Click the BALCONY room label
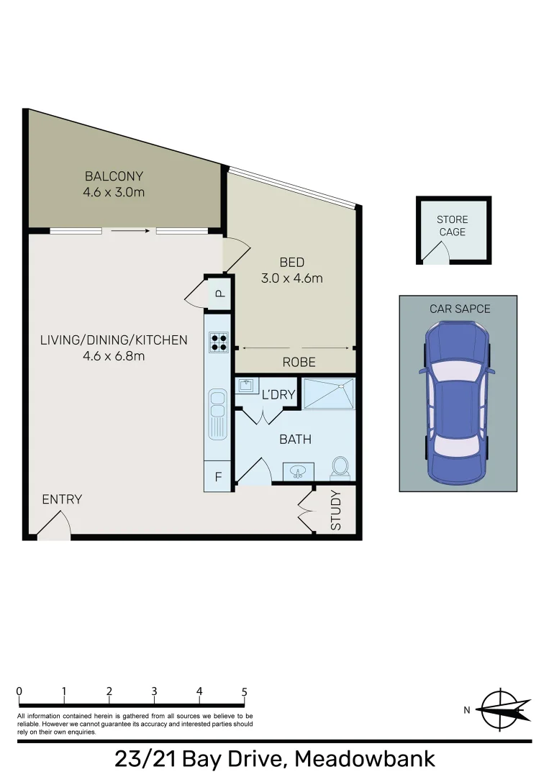click(x=114, y=176)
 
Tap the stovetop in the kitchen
click(x=218, y=343)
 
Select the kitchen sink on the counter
click(x=217, y=414)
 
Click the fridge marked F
click(x=218, y=476)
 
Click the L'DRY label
click(x=278, y=394)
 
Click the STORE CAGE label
click(x=452, y=226)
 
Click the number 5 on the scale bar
click(x=244, y=692)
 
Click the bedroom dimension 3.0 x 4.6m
click(x=292, y=278)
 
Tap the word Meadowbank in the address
click(x=365, y=758)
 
